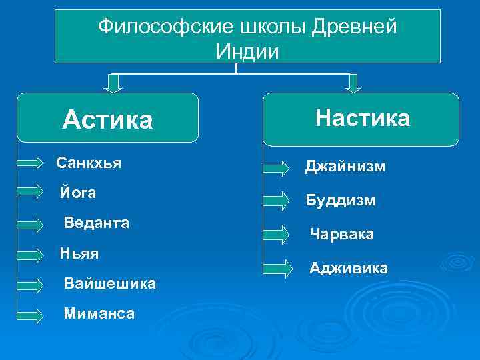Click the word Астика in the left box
(x=107, y=121)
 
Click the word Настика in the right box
(x=363, y=118)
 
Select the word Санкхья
(x=89, y=163)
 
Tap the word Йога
(x=77, y=193)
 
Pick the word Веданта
(x=96, y=222)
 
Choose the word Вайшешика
(x=109, y=283)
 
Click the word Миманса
(x=99, y=313)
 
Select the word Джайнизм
(x=345, y=167)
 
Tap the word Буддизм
(x=340, y=200)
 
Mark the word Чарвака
(x=341, y=234)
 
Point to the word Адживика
(x=348, y=268)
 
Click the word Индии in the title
(x=247, y=51)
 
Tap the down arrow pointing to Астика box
(x=115, y=81)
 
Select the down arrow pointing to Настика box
(x=353, y=81)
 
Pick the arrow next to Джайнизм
(x=278, y=167)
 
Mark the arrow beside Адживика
(x=278, y=269)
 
